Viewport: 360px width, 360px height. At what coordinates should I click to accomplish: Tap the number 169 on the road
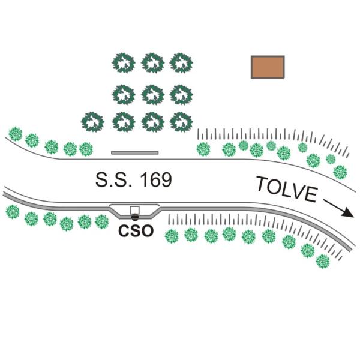(154, 179)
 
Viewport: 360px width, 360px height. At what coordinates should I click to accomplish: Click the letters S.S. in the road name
(113, 179)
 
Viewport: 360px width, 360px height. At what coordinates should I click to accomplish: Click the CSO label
(136, 230)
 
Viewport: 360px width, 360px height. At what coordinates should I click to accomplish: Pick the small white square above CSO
(135, 211)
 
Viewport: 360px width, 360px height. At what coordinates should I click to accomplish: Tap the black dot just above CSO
(135, 217)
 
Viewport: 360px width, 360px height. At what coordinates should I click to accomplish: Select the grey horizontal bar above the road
(135, 152)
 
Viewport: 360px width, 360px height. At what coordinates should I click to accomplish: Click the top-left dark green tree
(124, 62)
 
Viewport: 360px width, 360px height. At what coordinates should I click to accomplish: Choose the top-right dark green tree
(181, 62)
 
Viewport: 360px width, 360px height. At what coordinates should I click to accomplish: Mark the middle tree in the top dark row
(152, 62)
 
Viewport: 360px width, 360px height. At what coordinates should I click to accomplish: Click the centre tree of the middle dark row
(152, 93)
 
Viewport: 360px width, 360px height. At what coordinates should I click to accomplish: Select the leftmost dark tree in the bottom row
(93, 122)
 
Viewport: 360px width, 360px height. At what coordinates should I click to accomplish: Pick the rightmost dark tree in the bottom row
(181, 122)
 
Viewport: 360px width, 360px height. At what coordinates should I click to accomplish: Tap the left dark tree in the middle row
(124, 93)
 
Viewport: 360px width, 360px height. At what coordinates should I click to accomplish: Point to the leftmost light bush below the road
(12, 211)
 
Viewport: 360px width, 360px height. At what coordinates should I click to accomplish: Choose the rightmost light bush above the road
(340, 172)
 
